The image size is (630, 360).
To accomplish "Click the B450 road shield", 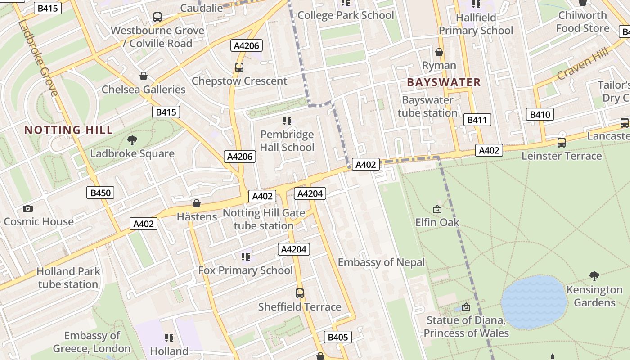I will pos(100,193).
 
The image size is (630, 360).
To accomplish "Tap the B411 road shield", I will pos(477,120).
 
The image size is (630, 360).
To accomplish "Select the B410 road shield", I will pos(540,114).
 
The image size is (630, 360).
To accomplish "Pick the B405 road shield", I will pos(337,337).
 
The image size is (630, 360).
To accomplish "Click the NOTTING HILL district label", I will pos(68,130).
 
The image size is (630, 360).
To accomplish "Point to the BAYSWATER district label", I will pos(444,82).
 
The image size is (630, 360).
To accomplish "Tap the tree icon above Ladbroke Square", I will pos(132,140).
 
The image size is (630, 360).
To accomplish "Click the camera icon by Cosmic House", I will pos(28,208).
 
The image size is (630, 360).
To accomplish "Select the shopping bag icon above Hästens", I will pos(196,203).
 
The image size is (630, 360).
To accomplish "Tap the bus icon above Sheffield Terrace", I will pos(300,293).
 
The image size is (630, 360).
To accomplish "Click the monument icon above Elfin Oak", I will pos(437,209).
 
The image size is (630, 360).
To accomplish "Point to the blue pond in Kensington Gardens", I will pos(534,301).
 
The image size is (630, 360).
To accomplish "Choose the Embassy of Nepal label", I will pos(381,262).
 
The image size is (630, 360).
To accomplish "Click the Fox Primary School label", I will pos(246,270).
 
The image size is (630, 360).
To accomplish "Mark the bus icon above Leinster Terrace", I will pos(561,143).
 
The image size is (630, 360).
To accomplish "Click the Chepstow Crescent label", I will pos(239,81).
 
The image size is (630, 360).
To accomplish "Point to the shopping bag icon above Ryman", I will pos(439,53).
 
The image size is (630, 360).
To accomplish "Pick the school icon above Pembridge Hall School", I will pos(287,121).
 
